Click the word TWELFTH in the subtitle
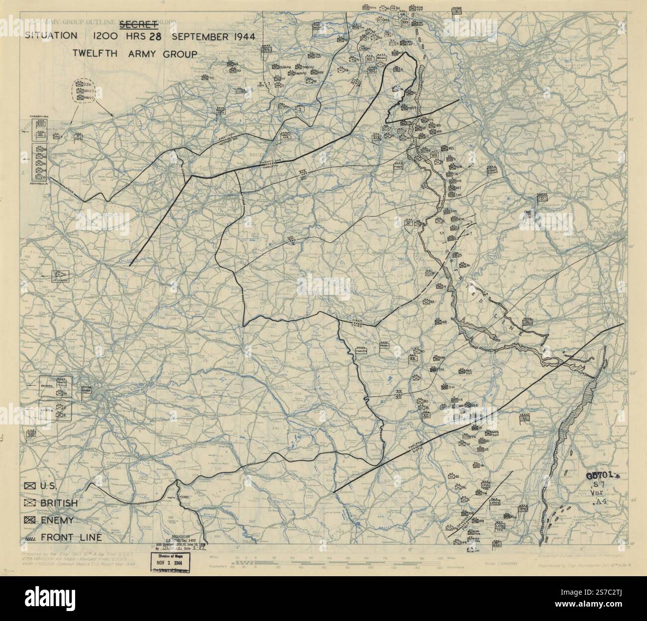93,54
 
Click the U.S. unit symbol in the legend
29,486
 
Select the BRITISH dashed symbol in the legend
29,503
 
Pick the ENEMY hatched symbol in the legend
29,520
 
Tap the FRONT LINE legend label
72,537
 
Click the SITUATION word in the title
53,37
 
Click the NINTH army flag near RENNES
63,382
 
